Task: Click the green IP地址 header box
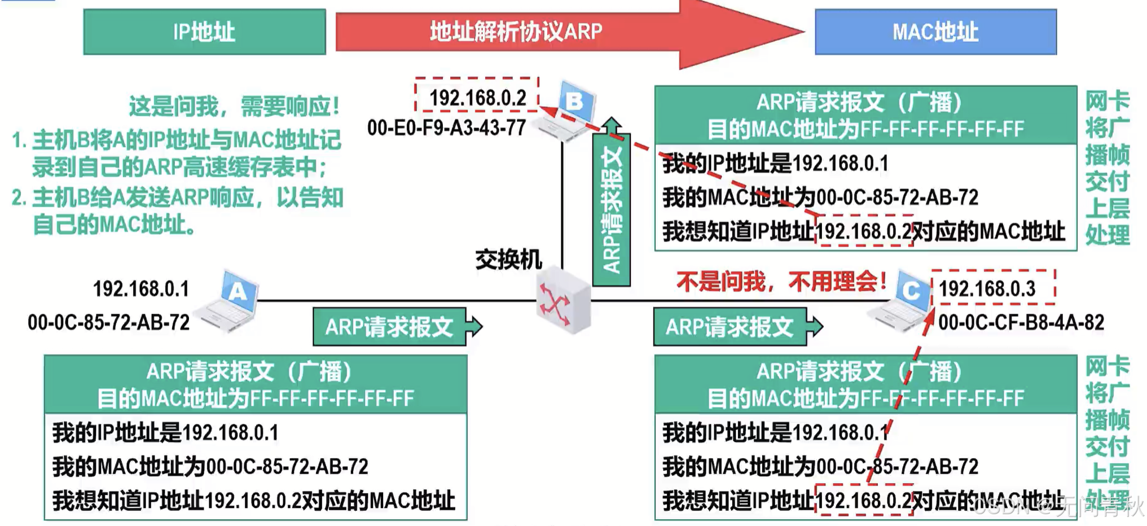point(204,32)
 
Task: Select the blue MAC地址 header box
point(935,32)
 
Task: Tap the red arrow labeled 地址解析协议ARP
point(516,32)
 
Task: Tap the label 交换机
point(508,260)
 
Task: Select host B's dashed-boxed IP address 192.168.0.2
point(477,98)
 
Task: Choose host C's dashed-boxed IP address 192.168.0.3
point(987,289)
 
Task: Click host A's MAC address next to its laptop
point(108,322)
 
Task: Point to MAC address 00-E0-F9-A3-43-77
point(446,128)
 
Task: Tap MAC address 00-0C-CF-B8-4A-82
point(1021,322)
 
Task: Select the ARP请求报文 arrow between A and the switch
point(395,327)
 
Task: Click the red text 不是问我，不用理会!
point(781,281)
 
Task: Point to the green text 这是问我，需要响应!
point(234,106)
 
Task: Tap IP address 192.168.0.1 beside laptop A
point(141,289)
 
